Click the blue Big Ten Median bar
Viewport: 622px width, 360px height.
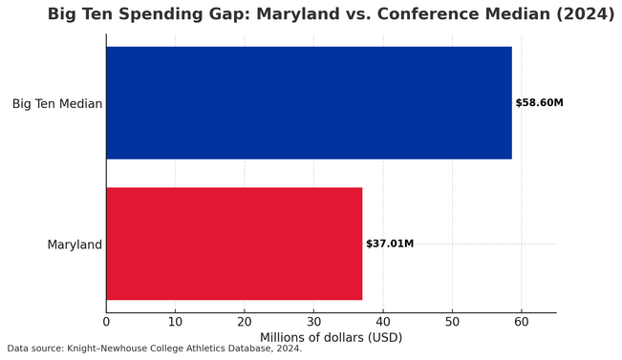coord(309,103)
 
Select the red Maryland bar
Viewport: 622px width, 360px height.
coord(234,244)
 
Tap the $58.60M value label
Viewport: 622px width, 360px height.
coord(539,103)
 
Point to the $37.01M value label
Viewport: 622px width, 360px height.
coord(389,244)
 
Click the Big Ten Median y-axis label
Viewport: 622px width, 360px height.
coord(57,103)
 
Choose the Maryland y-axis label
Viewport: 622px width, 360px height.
coord(75,244)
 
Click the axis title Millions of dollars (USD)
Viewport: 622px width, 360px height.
coord(331,338)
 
